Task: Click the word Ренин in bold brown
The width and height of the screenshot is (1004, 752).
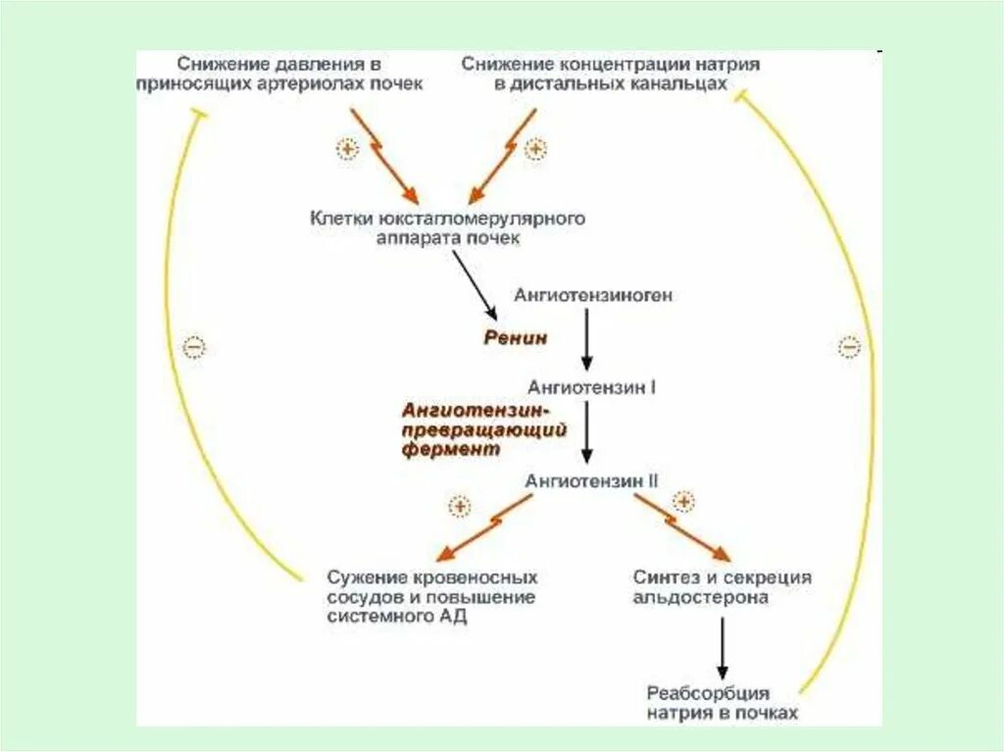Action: (x=515, y=337)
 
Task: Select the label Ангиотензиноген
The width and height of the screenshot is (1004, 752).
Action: (x=593, y=295)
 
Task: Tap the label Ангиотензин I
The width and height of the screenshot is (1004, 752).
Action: (x=592, y=387)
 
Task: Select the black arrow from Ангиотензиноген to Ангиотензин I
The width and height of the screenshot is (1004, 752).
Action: (x=586, y=338)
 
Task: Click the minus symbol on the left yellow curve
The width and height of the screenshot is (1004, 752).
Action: (x=195, y=347)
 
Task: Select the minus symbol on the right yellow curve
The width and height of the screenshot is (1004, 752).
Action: (x=849, y=346)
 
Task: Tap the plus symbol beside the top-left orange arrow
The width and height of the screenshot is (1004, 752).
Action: (x=347, y=148)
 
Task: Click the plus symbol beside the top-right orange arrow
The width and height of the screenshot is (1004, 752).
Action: (x=534, y=148)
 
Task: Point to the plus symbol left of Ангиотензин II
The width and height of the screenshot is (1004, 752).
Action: (x=459, y=506)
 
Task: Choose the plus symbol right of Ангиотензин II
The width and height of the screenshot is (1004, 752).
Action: (x=683, y=502)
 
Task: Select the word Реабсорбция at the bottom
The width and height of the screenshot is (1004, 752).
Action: (x=708, y=693)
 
